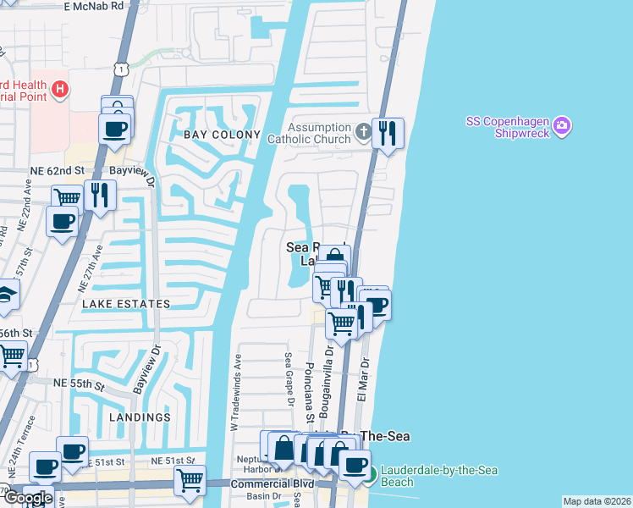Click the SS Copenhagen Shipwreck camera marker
(x=564, y=128)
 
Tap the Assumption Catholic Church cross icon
(x=363, y=131)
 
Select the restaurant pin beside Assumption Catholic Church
(x=388, y=133)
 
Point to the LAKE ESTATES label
(x=126, y=303)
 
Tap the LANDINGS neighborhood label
(x=140, y=417)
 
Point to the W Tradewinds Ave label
(x=238, y=393)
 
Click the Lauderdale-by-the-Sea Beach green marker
(x=370, y=472)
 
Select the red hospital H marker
(x=59, y=89)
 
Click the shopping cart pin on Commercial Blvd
(x=190, y=479)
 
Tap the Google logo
(x=28, y=498)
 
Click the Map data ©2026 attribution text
(x=596, y=501)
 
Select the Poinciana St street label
(x=310, y=393)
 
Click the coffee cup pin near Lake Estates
(x=63, y=223)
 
